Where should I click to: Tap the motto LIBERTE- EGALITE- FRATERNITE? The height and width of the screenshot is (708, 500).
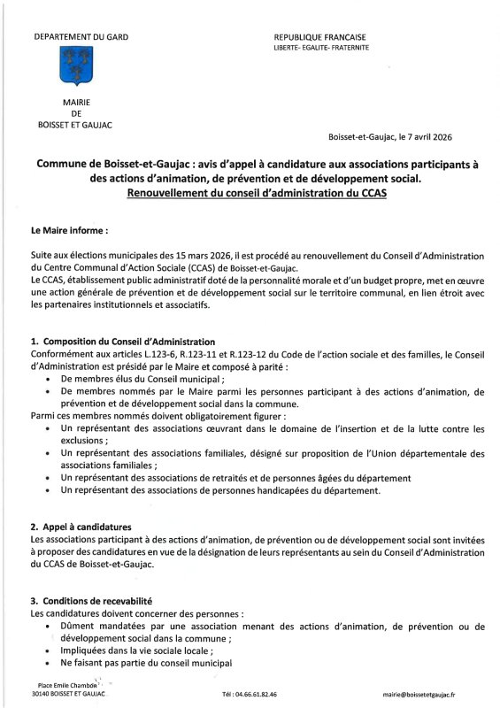click(x=322, y=47)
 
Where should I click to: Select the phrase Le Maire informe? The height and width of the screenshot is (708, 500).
click(x=69, y=229)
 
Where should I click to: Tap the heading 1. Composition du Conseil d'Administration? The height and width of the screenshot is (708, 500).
click(x=122, y=341)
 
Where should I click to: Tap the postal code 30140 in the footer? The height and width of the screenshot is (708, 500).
click(x=41, y=695)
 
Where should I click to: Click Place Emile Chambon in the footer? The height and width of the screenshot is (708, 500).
click(x=67, y=684)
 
